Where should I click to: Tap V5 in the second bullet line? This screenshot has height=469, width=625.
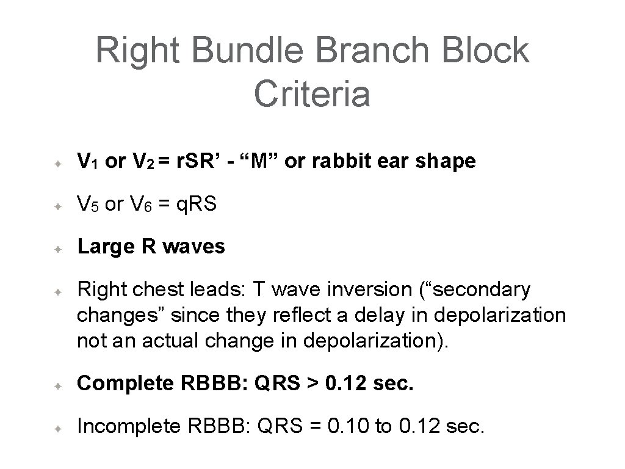click(x=89, y=205)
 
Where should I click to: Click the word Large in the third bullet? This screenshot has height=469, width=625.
click(x=104, y=247)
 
